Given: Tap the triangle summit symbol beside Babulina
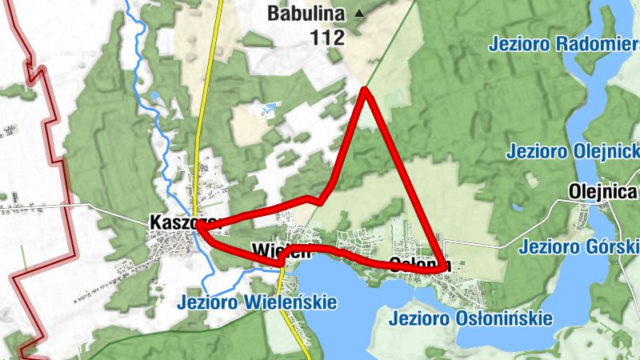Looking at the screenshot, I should [x=358, y=14].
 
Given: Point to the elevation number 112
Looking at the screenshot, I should [x=328, y=37].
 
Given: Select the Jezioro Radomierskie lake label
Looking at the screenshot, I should [x=564, y=42].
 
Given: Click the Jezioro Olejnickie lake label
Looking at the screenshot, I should [x=572, y=150].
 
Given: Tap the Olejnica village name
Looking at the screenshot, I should [x=604, y=191].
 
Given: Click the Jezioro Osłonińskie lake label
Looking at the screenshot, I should [x=471, y=318].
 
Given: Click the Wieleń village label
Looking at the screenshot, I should [x=280, y=250].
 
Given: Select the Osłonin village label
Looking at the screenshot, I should [x=420, y=264].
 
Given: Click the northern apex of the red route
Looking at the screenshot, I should [x=365, y=90].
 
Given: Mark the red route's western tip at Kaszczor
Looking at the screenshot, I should [x=198, y=228].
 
